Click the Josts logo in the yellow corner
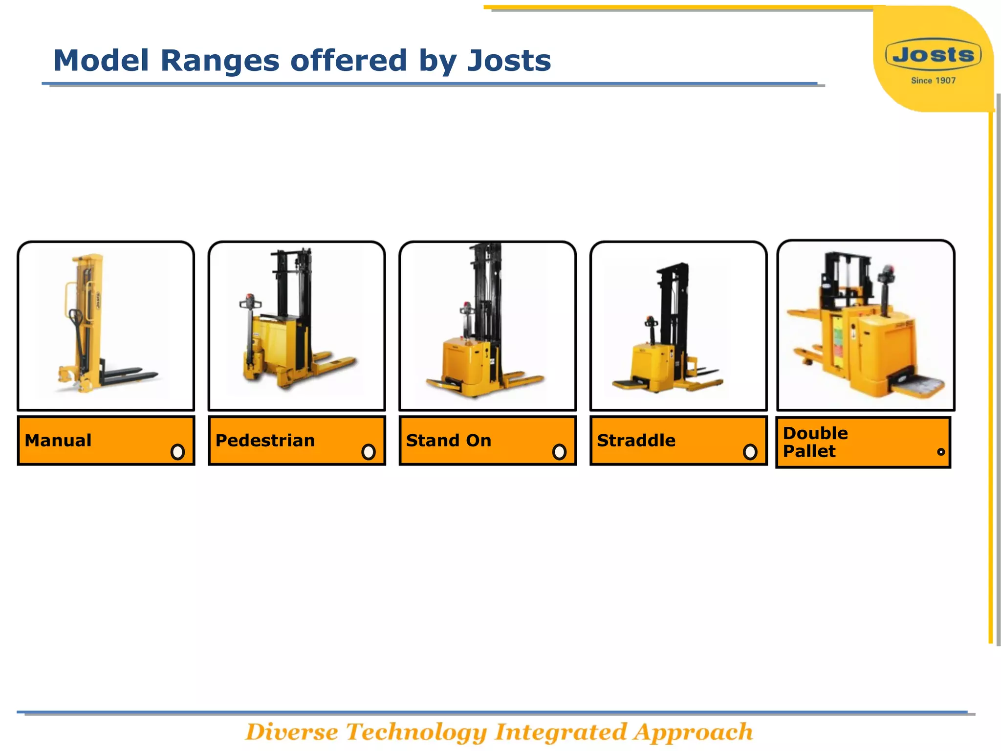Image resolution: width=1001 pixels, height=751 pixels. coord(933,54)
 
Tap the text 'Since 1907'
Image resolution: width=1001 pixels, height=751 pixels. coord(933,81)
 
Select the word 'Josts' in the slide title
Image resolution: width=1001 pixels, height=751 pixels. coord(509,61)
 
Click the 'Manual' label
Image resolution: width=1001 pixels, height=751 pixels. coord(58,441)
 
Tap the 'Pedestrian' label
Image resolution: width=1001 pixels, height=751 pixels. coord(265,441)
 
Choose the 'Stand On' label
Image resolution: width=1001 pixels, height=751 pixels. coord(448,441)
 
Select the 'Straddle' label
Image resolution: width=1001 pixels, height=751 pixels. coord(636,441)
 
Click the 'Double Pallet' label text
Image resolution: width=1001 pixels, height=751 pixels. coord(815,442)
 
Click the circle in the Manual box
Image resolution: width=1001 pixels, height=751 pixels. coord(177,452)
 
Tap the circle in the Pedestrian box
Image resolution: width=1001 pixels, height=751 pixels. coord(369,452)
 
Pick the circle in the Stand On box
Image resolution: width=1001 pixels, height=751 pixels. coord(559,452)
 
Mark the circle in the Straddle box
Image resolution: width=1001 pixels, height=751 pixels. coord(750,452)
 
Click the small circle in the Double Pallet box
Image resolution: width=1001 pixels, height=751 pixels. coord(940,452)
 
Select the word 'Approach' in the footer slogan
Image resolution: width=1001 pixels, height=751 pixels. coord(693,732)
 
